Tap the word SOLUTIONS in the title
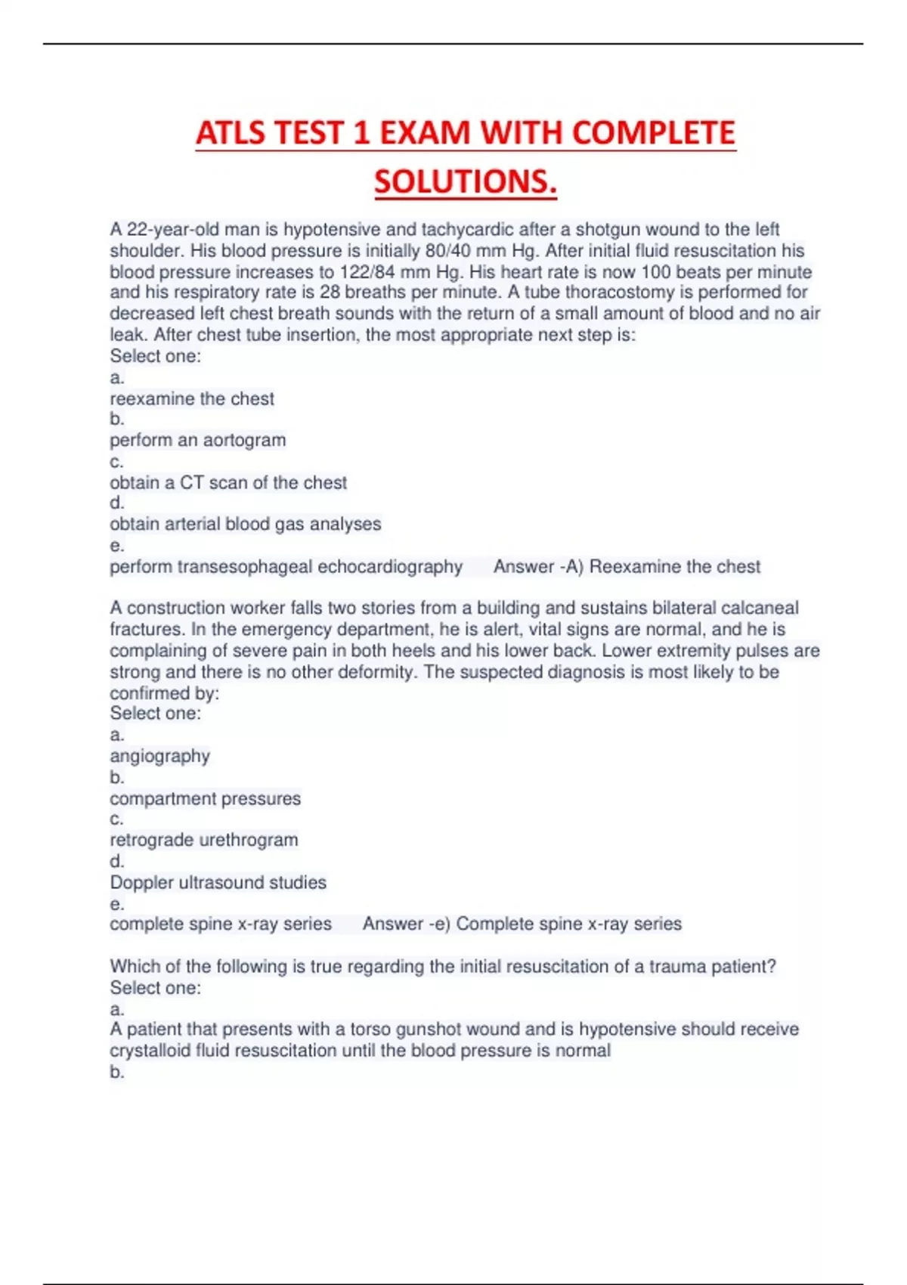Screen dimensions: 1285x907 [x=465, y=181]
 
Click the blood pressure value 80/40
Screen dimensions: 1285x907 [x=448, y=250]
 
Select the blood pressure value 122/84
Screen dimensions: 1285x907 [x=369, y=271]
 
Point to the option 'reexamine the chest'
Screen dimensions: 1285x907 [x=192, y=398]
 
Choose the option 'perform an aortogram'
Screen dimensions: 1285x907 [x=198, y=440]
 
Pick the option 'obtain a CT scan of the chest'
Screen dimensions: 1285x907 [x=228, y=482]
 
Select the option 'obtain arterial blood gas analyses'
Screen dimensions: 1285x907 [x=246, y=524]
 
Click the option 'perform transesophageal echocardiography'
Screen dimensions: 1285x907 [x=286, y=566]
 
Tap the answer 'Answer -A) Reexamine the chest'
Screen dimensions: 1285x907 [x=627, y=566]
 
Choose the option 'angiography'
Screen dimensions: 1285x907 [x=159, y=756]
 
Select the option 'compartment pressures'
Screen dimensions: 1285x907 [x=205, y=798]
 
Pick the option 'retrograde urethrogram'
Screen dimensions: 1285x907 [x=204, y=840]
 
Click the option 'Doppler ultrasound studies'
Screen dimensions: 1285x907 [x=218, y=882]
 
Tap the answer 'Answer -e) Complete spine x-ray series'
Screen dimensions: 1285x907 [x=522, y=924]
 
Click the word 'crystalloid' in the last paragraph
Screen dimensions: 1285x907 [x=150, y=1050]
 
